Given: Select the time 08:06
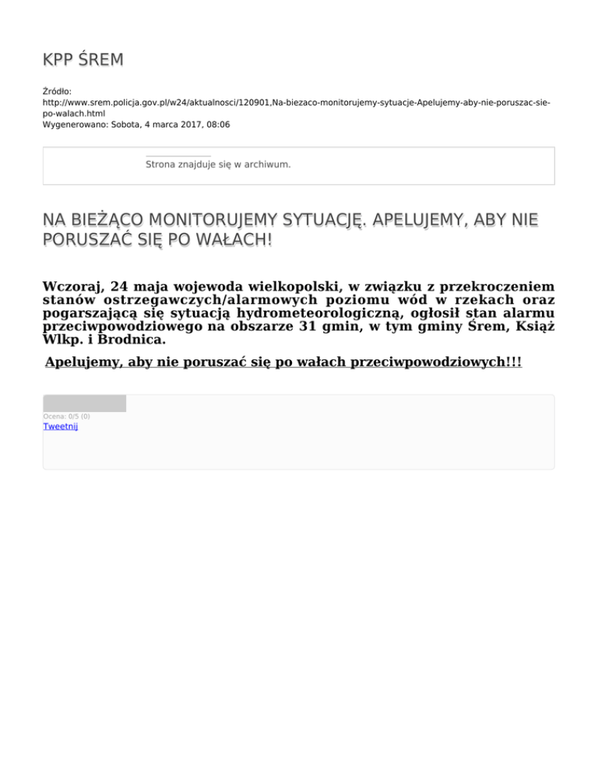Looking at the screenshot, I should [217, 124].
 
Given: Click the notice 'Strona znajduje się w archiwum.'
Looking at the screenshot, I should [218, 165].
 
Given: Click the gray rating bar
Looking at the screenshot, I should [84, 404].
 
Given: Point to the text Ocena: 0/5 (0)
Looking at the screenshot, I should [66, 417].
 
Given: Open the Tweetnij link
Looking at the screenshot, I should [60, 427].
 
